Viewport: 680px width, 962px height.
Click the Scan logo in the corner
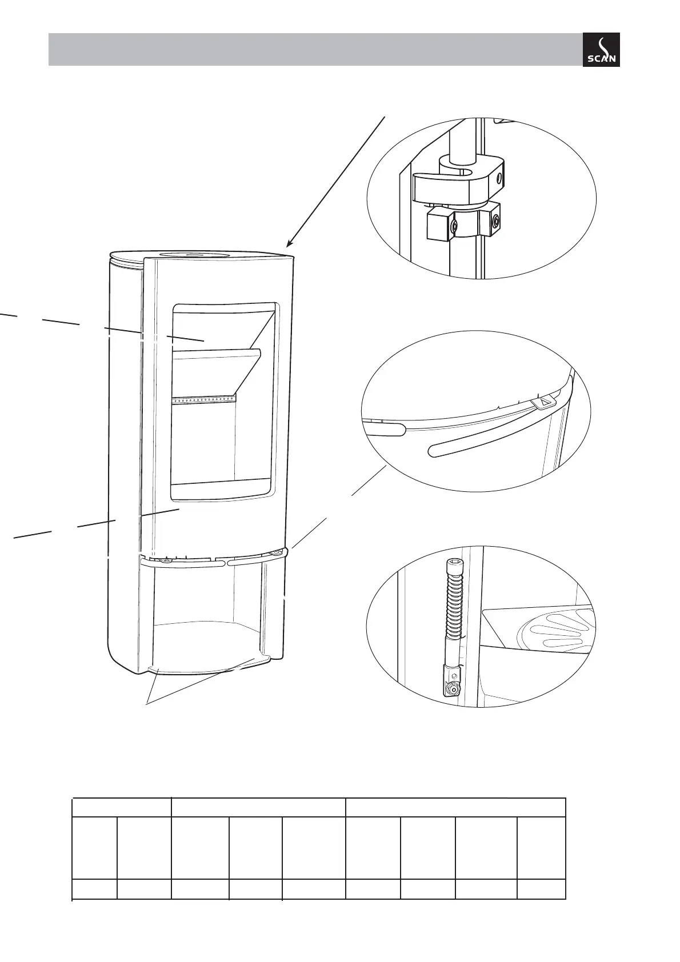tap(601, 50)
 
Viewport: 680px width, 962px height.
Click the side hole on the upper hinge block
tap(501, 179)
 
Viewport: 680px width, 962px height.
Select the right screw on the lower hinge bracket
tap(495, 220)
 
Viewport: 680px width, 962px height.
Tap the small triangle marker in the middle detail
tap(543, 402)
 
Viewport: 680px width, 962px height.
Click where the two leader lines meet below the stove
tap(147, 704)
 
